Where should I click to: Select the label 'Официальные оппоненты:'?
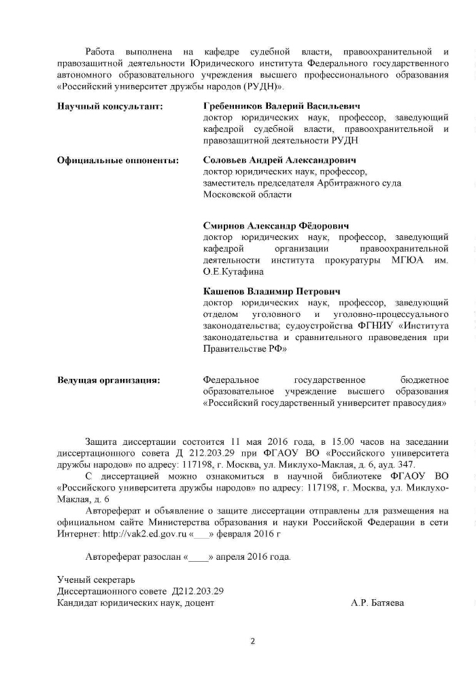point(118,161)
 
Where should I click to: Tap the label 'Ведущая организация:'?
point(109,380)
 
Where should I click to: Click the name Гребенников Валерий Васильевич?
point(282,107)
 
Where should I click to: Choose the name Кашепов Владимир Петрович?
point(272,291)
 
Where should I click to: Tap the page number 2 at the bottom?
point(252,641)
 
